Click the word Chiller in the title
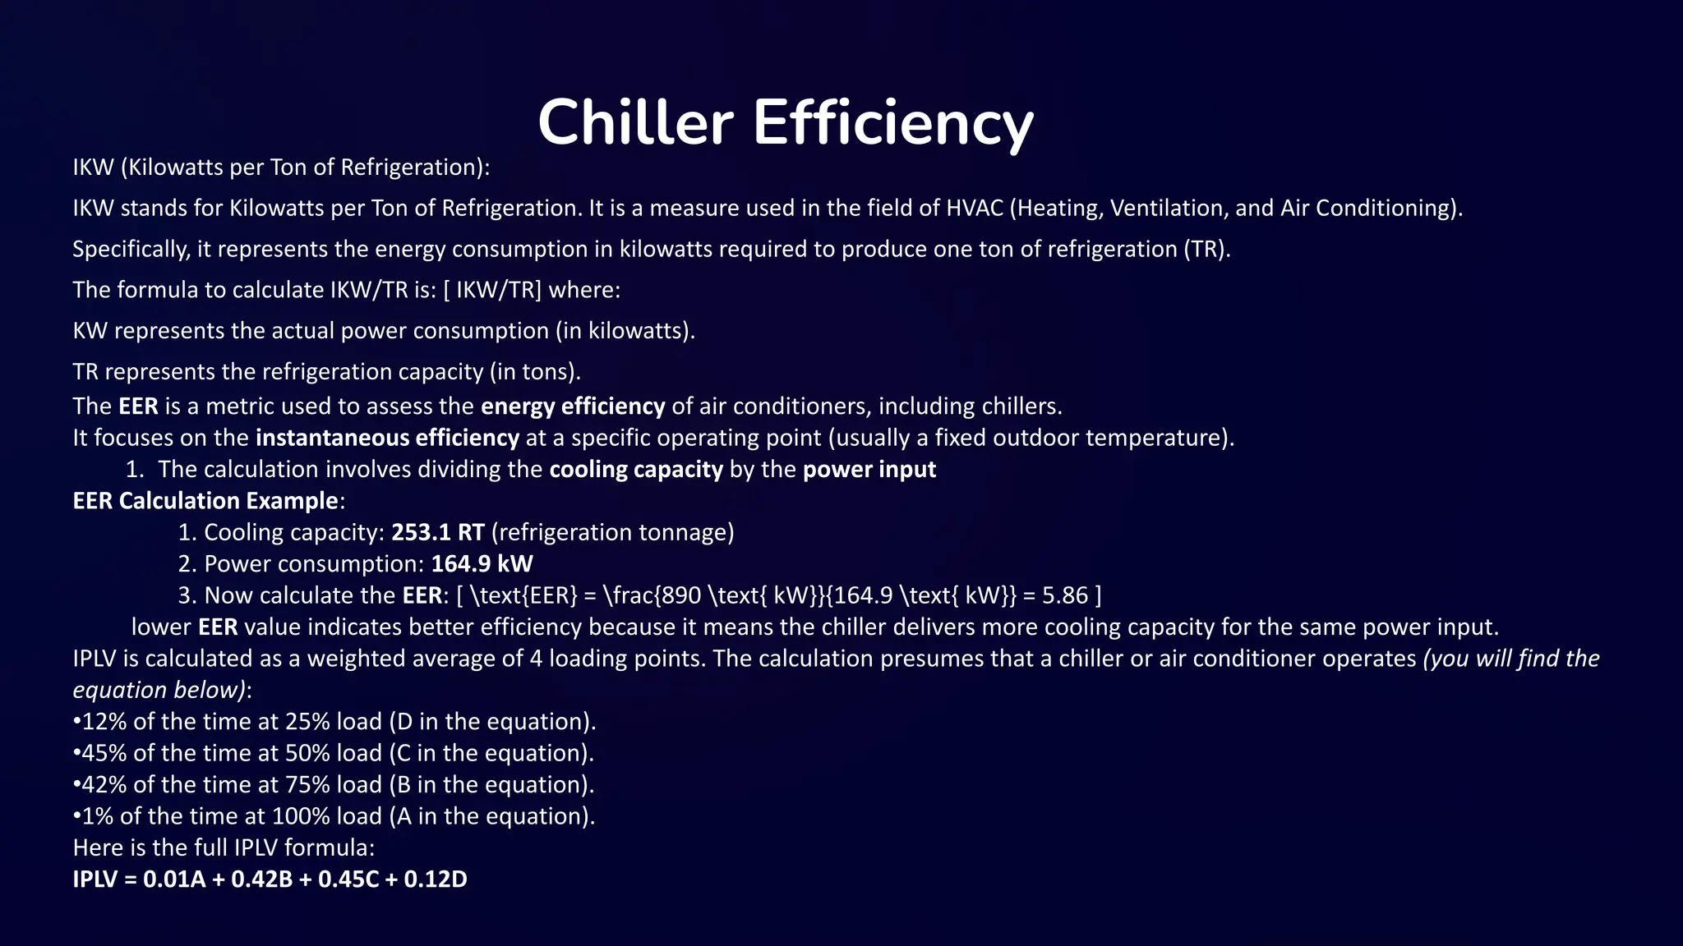[634, 122]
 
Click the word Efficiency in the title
[892, 122]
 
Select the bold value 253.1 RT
[437, 532]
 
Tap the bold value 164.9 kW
[482, 563]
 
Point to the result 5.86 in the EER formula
[1064, 595]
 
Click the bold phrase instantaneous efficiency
[387, 438]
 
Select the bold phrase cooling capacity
[636, 470]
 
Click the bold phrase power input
[869, 470]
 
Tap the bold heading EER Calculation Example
[205, 501]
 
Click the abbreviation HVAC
[975, 208]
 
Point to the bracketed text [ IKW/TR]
[492, 290]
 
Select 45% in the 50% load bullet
[104, 753]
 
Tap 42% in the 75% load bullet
[104, 785]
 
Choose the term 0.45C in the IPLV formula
[348, 879]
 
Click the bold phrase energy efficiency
[573, 406]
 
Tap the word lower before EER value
[161, 627]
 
